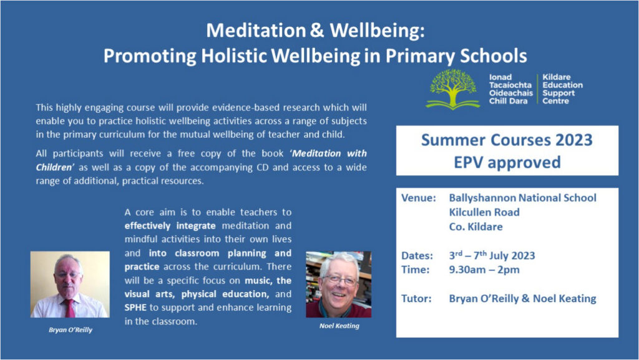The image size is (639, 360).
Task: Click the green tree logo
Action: tap(452, 89)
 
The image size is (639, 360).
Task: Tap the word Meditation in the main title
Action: tap(256, 31)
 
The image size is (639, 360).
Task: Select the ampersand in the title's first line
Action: tap(317, 31)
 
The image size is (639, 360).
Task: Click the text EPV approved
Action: tap(507, 162)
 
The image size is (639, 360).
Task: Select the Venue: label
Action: tap(419, 198)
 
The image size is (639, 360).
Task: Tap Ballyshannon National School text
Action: tap(522, 198)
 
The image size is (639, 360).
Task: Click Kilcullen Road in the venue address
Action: tap(484, 212)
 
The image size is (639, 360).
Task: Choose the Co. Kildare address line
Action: tap(476, 227)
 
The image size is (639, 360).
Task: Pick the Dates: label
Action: tap(417, 256)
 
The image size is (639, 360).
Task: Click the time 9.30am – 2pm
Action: tap(484, 270)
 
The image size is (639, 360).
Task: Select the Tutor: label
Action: tap(416, 298)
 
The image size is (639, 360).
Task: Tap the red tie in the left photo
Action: tap(69, 308)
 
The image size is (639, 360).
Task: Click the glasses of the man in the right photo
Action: tap(339, 280)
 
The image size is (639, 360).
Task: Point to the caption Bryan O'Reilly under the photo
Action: tap(71, 330)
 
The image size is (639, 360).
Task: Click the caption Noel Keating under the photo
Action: tap(339, 326)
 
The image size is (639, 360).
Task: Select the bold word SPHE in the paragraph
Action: tap(135, 308)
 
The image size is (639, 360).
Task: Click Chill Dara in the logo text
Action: tap(508, 101)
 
